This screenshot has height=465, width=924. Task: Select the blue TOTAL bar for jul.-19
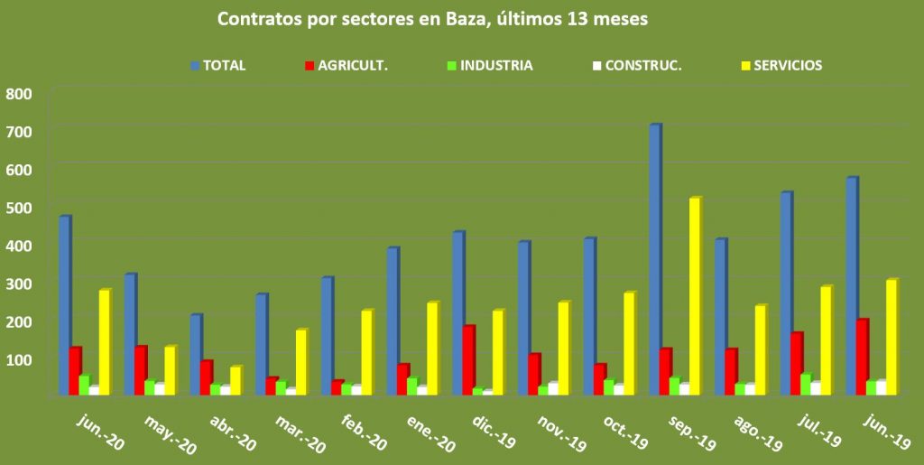pyautogui.click(x=785, y=293)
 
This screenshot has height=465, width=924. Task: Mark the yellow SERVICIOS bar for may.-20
pyautogui.click(x=170, y=370)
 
